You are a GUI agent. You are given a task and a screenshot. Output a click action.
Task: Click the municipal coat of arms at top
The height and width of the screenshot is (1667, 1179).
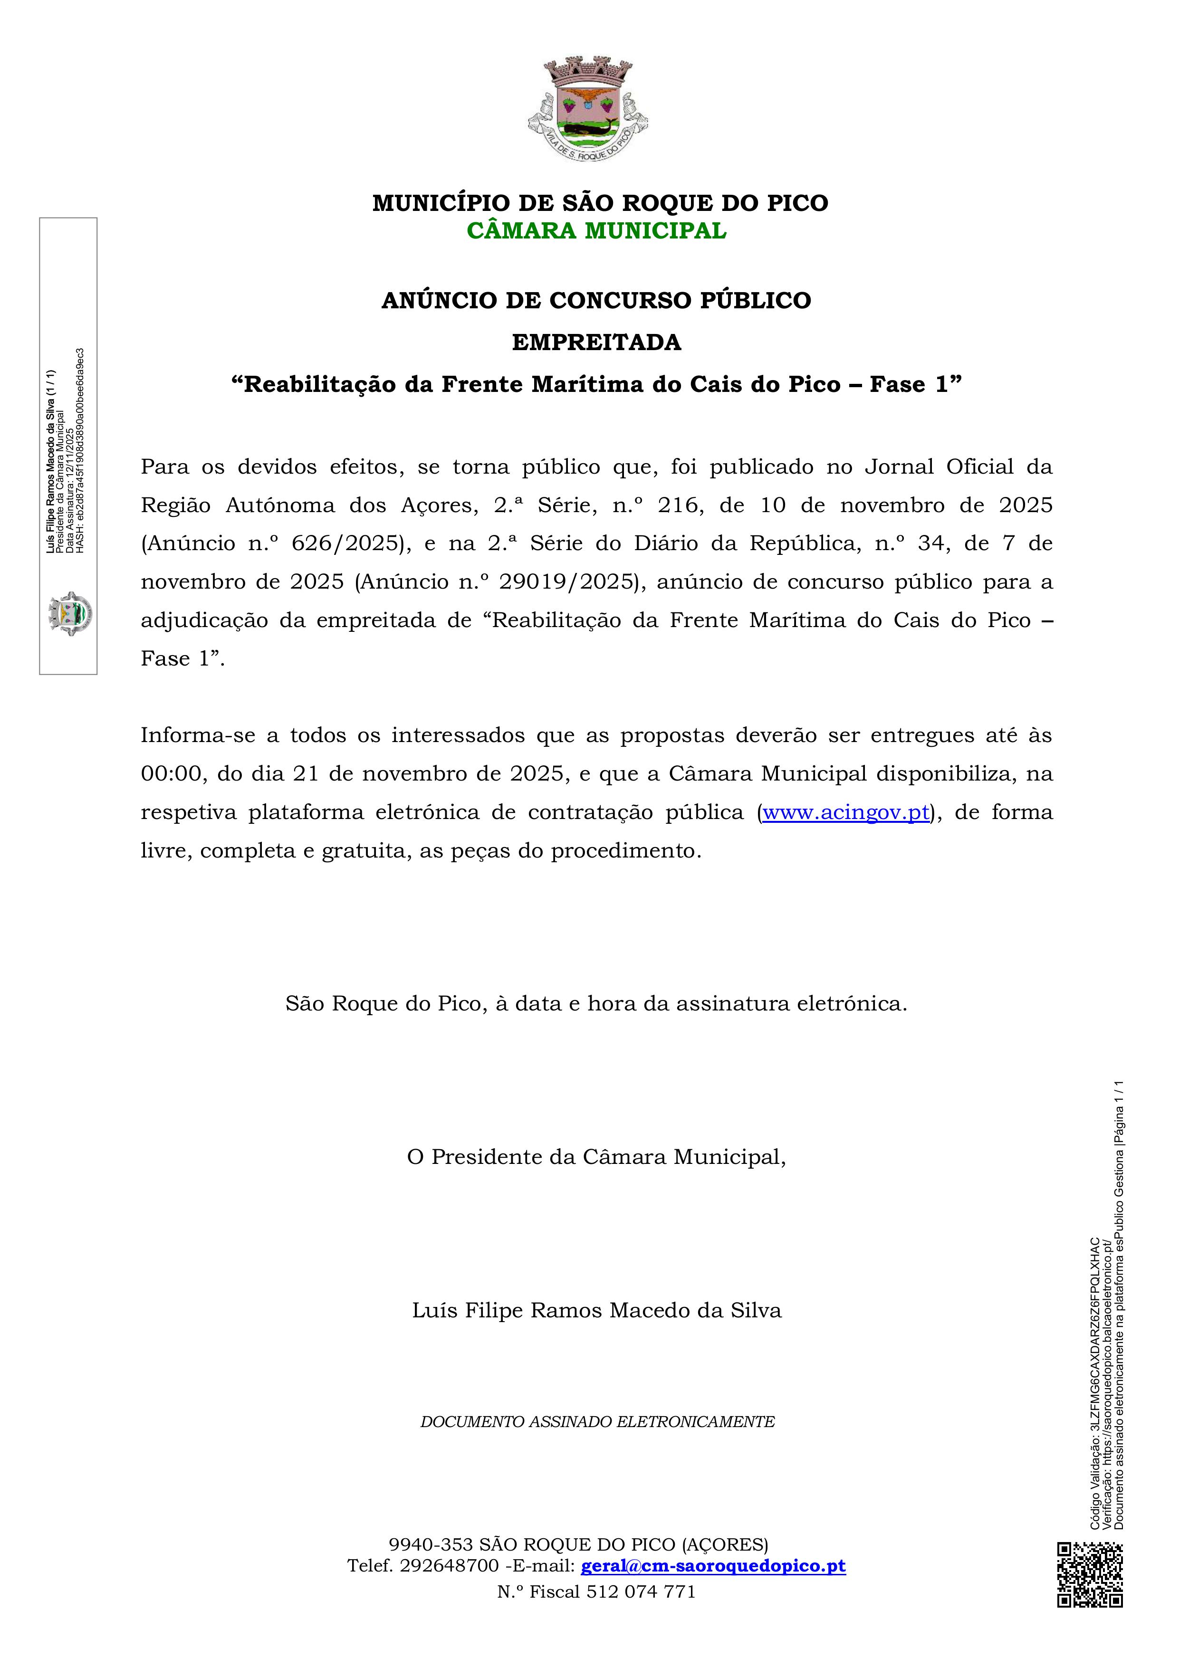click(x=588, y=107)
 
